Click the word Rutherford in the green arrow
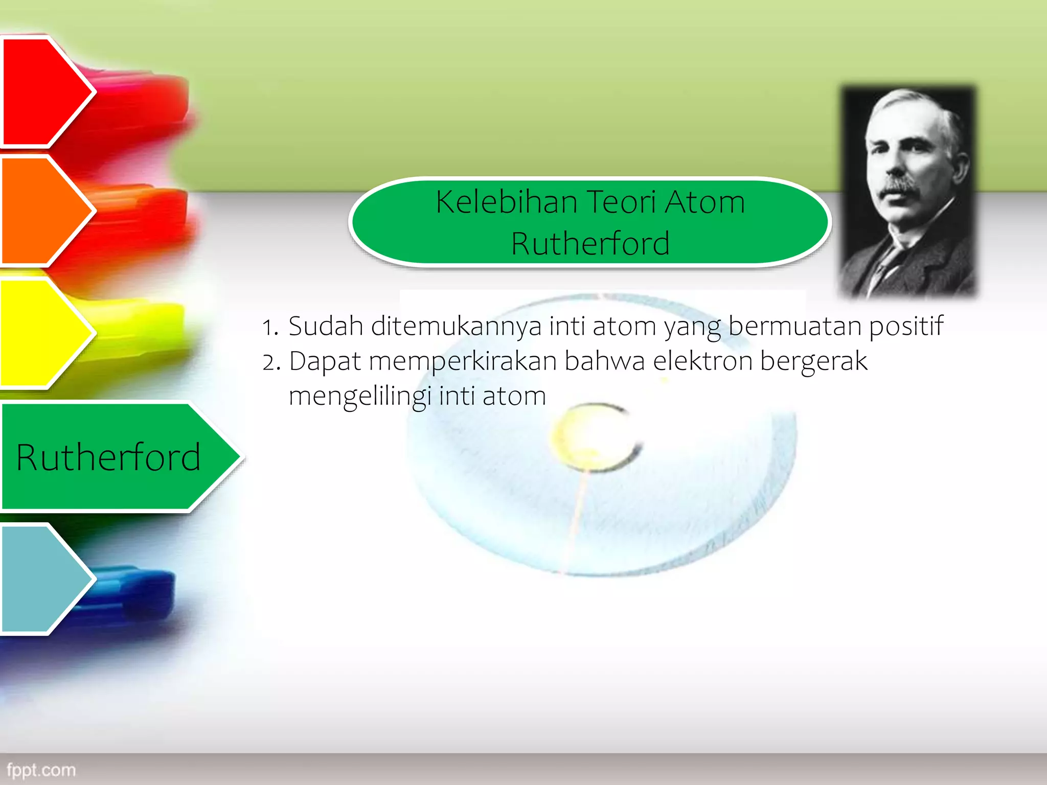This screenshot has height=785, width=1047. click(x=108, y=457)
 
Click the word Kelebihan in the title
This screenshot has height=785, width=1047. click(x=506, y=202)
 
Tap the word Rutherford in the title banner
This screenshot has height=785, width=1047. click(x=590, y=243)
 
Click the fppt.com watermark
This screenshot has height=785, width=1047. click(x=41, y=770)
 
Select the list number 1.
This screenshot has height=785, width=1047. click(x=269, y=328)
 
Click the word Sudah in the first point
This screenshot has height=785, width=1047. click(x=326, y=326)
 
